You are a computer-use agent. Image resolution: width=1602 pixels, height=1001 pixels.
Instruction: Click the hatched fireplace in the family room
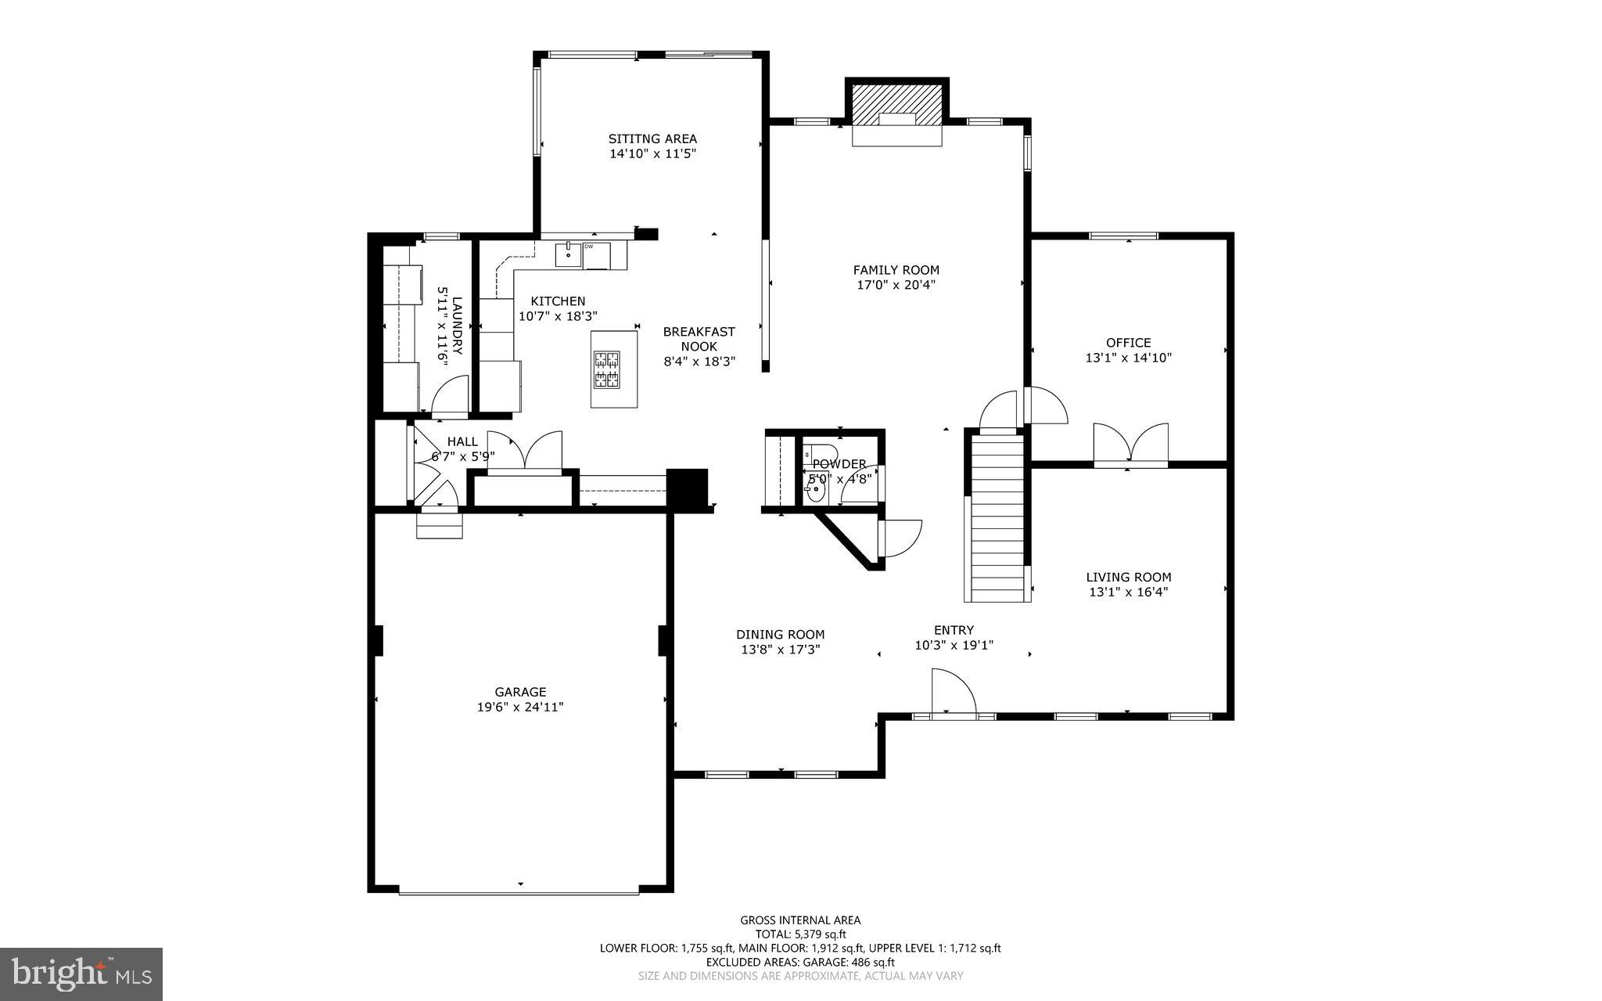896,105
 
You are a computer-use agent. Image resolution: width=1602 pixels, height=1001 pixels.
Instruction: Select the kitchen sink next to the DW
569,254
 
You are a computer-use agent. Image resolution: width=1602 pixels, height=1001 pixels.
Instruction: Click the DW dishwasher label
588,247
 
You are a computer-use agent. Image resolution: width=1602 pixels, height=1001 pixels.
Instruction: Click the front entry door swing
953,693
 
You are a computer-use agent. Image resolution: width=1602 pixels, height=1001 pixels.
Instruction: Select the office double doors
1130,444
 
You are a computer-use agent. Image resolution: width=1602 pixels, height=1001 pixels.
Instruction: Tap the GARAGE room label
520,692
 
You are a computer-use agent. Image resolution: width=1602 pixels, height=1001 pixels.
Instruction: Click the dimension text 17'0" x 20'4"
896,285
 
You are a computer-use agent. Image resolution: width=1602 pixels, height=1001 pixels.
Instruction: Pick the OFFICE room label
1128,342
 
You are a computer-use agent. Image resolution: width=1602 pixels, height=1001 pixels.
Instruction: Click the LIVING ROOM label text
1128,577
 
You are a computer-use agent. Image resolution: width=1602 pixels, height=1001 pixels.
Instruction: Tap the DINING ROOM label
780,634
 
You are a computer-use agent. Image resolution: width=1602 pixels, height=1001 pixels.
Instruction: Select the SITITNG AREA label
652,139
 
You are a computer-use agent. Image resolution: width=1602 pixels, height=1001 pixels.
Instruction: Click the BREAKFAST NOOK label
699,338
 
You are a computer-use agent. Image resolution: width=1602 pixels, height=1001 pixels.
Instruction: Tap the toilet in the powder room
817,453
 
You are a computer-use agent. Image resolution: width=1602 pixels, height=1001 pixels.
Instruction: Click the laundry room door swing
450,394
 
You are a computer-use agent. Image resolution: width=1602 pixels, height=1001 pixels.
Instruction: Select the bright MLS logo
81,973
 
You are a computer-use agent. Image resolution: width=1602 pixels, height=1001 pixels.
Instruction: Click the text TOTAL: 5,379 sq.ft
800,934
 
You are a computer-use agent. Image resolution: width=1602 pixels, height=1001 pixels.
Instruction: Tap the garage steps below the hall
439,524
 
